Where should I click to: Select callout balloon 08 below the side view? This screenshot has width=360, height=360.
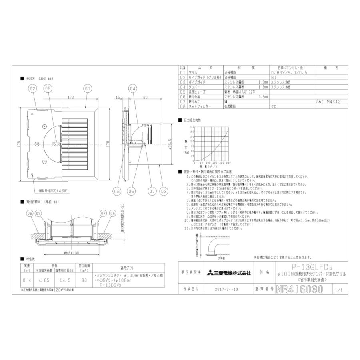[x=117, y=191]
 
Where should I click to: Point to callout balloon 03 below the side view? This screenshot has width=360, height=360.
[x=163, y=191]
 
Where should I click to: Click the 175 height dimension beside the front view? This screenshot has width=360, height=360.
[x=19, y=144]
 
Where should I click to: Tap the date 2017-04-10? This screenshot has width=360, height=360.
[x=226, y=289]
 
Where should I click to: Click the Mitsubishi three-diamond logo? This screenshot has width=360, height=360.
[x=210, y=273]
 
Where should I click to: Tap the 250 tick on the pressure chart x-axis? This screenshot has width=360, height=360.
[x=228, y=163]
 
